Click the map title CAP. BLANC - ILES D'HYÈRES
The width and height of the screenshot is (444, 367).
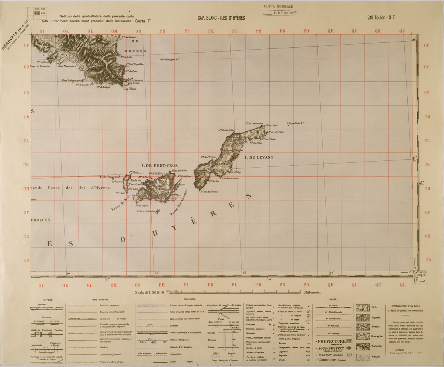(x=221, y=18)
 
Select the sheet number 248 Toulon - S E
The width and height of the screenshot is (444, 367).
(x=381, y=18)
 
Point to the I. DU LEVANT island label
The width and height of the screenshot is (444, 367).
(x=259, y=157)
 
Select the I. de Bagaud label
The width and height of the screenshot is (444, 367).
(x=109, y=177)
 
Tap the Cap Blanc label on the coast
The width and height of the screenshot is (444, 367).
(x=130, y=89)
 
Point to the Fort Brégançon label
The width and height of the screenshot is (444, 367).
(x=71, y=81)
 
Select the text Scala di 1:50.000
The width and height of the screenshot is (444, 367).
(x=149, y=292)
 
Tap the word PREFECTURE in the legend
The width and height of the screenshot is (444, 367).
(x=332, y=341)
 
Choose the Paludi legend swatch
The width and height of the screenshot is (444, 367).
(x=363, y=356)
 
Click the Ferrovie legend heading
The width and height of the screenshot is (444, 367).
(x=48, y=299)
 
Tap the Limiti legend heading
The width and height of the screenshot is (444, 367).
(x=333, y=299)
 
